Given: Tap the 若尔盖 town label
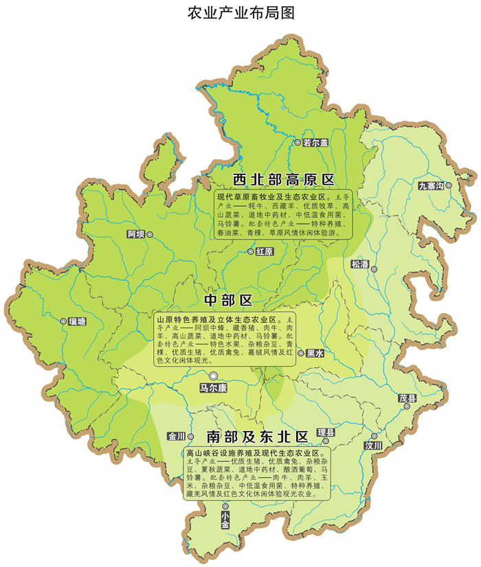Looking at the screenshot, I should [x=316, y=142].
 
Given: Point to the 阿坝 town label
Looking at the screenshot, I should [x=136, y=235].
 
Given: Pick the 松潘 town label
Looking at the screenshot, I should [x=360, y=264].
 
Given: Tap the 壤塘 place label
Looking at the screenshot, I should [x=77, y=321].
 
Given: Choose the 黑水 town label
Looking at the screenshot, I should [x=315, y=353].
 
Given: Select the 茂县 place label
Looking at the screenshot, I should [x=408, y=398].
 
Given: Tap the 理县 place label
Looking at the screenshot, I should [x=325, y=432].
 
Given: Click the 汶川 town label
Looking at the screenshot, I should [x=373, y=445].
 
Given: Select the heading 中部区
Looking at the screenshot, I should [x=229, y=301].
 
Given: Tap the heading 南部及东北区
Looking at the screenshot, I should [x=256, y=436].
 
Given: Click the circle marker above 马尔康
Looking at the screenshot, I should [x=213, y=375].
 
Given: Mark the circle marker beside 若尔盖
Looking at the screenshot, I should [x=298, y=142].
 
